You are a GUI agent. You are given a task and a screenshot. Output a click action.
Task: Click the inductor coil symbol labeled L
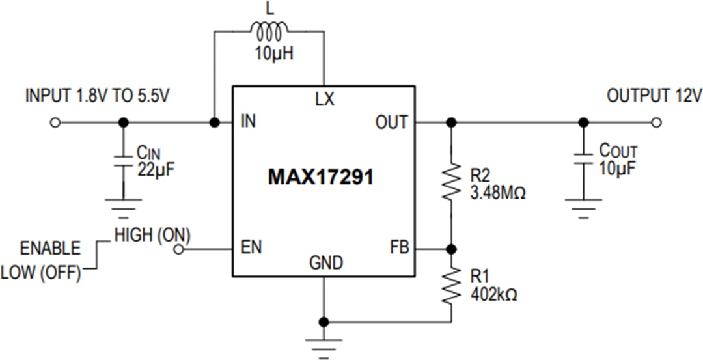click(x=268, y=31)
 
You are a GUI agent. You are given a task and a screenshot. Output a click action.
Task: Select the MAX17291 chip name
click(x=321, y=178)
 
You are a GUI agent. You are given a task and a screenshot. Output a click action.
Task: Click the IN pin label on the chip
click(x=248, y=122)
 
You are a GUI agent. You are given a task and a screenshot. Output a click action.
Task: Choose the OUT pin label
click(x=391, y=122)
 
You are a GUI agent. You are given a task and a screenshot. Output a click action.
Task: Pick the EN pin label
click(x=250, y=249)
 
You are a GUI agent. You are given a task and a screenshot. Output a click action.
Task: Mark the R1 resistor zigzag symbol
click(x=450, y=286)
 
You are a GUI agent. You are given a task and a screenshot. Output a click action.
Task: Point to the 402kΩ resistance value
click(x=494, y=295)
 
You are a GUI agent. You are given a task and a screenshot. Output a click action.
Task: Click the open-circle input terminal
click(x=55, y=122)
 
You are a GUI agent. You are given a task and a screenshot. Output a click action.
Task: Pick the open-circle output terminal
click(x=657, y=122)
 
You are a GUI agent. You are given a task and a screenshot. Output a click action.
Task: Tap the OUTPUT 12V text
click(x=654, y=96)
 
